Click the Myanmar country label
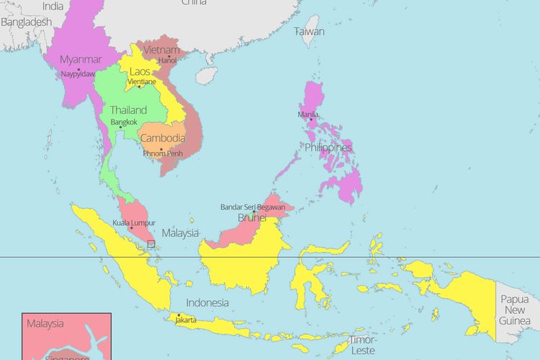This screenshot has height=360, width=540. tap(81, 59)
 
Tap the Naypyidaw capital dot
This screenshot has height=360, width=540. tap(78, 69)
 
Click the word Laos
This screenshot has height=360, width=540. tap(140, 72)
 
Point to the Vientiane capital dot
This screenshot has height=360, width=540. tap(139, 87)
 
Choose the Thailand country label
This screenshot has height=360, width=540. tap(128, 110)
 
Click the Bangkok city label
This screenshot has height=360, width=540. tap(124, 122)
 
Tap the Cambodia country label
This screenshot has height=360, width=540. tap(163, 138)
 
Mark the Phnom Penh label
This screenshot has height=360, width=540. tap(163, 153)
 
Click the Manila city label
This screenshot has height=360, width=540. tap(309, 114)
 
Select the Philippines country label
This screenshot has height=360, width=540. tap(328, 148)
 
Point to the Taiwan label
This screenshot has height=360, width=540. tap(309, 32)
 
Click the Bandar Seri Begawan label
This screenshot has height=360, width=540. tap(252, 207)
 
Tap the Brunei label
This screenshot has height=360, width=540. tap(252, 217)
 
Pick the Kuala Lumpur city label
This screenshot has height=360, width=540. tap(134, 223)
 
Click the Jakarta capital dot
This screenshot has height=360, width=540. tap(178, 315)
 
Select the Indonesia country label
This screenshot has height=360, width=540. tap(207, 303)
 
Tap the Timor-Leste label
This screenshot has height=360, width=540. tap(362, 345)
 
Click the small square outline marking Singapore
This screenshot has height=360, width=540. tap(150, 244)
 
